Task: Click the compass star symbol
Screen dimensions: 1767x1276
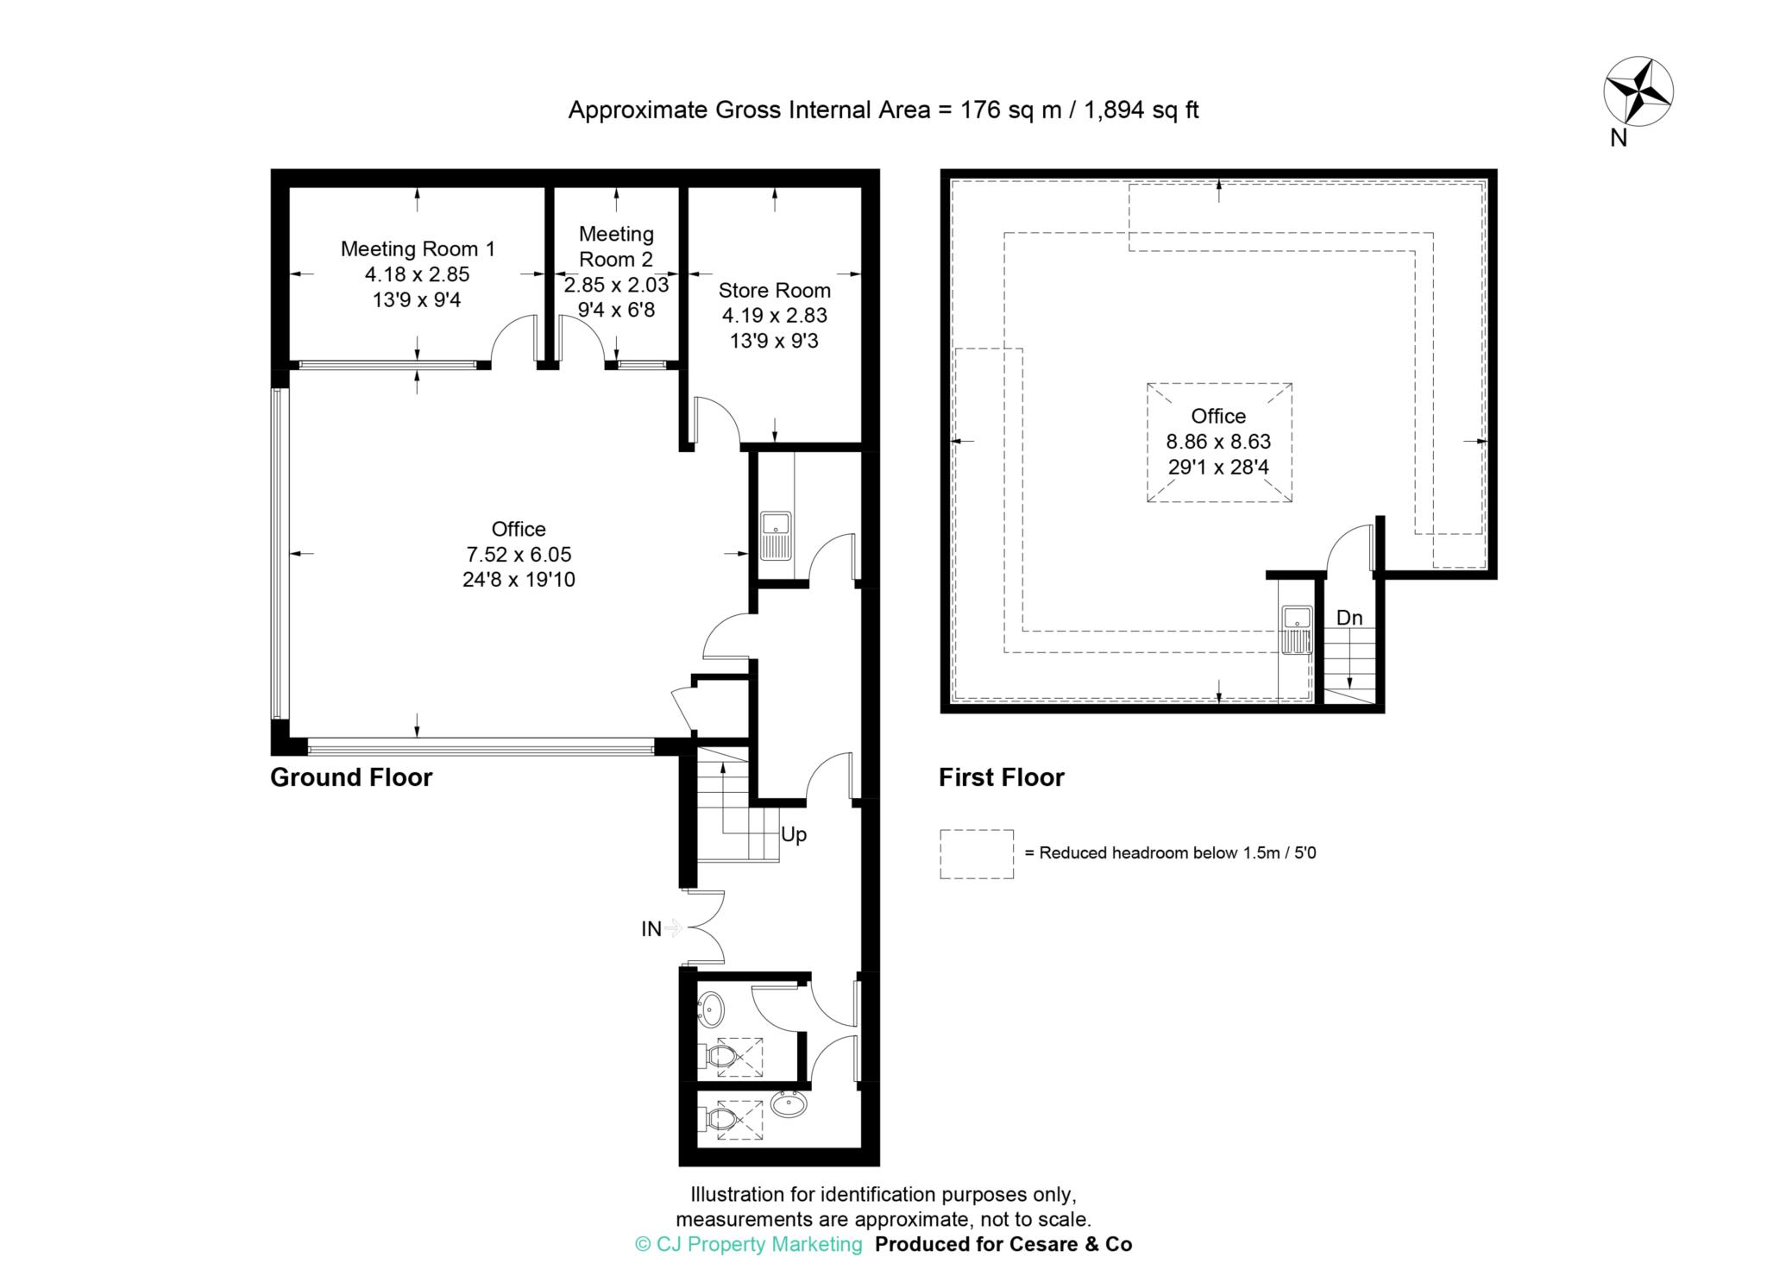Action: point(1638,115)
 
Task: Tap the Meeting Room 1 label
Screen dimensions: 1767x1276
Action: point(418,249)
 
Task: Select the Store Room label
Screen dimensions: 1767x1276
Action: point(774,291)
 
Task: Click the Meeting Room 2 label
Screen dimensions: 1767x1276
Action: point(616,246)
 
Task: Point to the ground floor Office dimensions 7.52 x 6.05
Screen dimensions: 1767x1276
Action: point(519,555)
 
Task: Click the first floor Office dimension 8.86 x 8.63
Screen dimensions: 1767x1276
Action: point(1218,442)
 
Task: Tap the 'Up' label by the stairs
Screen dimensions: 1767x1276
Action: point(794,835)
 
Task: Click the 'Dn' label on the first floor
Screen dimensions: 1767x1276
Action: point(1349,618)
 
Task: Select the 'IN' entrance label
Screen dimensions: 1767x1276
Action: point(651,929)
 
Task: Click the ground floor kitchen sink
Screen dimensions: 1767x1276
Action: point(776,536)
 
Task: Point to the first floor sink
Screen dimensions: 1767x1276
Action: point(1297,630)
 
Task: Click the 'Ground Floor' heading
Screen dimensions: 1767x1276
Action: point(351,777)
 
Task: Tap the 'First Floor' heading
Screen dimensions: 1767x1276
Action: point(1002,777)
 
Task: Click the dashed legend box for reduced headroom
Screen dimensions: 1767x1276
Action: point(977,854)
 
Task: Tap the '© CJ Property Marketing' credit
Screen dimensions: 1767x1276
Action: point(749,1244)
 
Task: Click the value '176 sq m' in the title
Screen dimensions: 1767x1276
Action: point(1011,110)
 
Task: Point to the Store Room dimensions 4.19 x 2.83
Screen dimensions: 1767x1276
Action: point(774,316)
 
